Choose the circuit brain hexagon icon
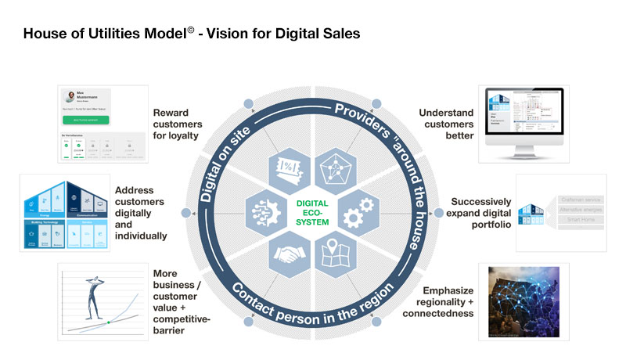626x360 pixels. tap(262, 211)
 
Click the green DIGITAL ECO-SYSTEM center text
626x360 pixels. tap(312, 211)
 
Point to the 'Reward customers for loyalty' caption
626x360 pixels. tap(178, 124)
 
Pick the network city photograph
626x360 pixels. tap(523, 302)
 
